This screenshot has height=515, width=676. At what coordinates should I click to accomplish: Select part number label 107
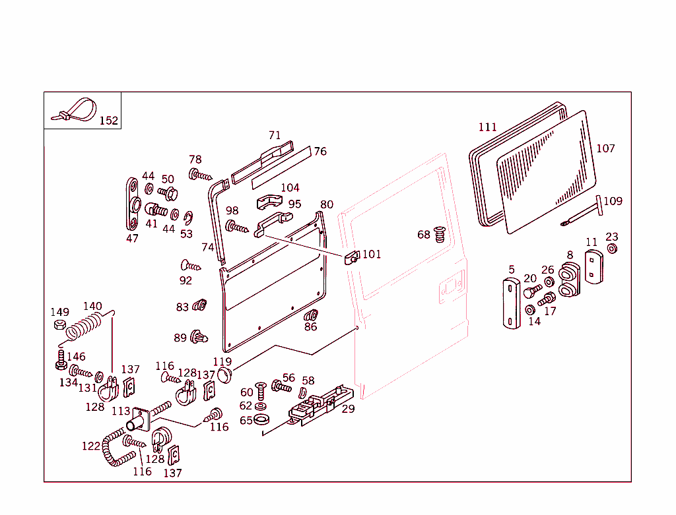605,148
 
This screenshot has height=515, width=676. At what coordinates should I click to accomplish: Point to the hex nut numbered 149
58,325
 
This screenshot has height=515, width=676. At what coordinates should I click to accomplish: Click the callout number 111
488,127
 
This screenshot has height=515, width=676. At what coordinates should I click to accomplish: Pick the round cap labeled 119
225,376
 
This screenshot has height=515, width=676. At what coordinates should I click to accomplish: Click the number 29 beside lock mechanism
348,409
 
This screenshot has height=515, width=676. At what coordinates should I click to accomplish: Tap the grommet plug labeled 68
440,233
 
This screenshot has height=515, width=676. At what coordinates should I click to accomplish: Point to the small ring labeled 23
612,249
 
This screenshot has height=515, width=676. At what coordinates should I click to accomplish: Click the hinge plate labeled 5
512,303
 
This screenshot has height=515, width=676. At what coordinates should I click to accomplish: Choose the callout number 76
320,152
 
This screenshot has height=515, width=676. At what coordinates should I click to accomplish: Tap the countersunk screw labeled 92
190,266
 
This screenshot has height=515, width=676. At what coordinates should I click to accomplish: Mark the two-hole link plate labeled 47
133,204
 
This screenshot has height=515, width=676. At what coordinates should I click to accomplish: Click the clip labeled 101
352,256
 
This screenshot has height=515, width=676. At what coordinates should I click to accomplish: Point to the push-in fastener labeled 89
198,338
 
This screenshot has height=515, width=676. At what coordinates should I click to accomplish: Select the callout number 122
90,446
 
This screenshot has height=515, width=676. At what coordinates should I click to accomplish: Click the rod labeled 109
584,215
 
